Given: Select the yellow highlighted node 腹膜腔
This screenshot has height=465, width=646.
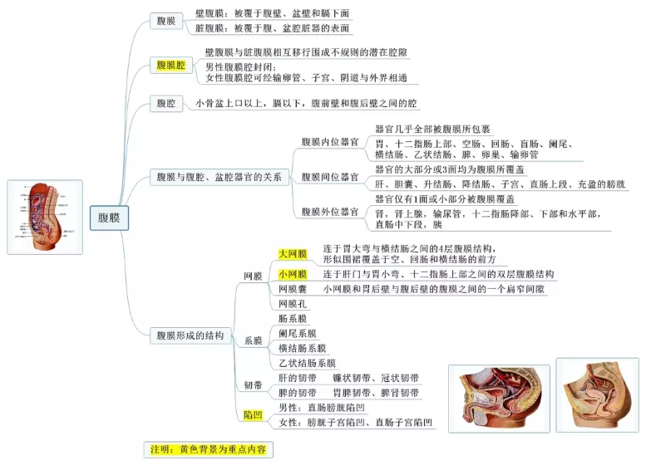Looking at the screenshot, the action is (x=171, y=64).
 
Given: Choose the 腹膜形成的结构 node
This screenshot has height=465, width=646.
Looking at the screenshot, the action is (x=190, y=335).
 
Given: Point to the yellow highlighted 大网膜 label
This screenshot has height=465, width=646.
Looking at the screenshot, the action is (x=292, y=253).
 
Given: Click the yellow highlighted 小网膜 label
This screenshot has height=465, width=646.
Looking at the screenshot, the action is (x=292, y=274).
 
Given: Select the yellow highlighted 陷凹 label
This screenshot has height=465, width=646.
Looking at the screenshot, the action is (x=252, y=414).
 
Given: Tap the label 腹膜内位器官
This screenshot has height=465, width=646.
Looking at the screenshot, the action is (x=329, y=143).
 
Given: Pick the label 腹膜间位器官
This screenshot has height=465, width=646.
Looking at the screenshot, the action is (x=329, y=177).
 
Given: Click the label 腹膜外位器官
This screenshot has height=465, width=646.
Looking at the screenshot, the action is (x=329, y=211).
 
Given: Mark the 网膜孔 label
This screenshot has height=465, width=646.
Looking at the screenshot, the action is (x=292, y=304).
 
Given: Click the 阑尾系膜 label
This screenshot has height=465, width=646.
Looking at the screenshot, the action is (x=298, y=333).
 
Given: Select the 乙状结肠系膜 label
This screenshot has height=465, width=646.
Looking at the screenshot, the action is (x=307, y=363).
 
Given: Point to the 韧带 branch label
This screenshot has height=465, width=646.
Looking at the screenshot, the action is (x=253, y=385).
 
